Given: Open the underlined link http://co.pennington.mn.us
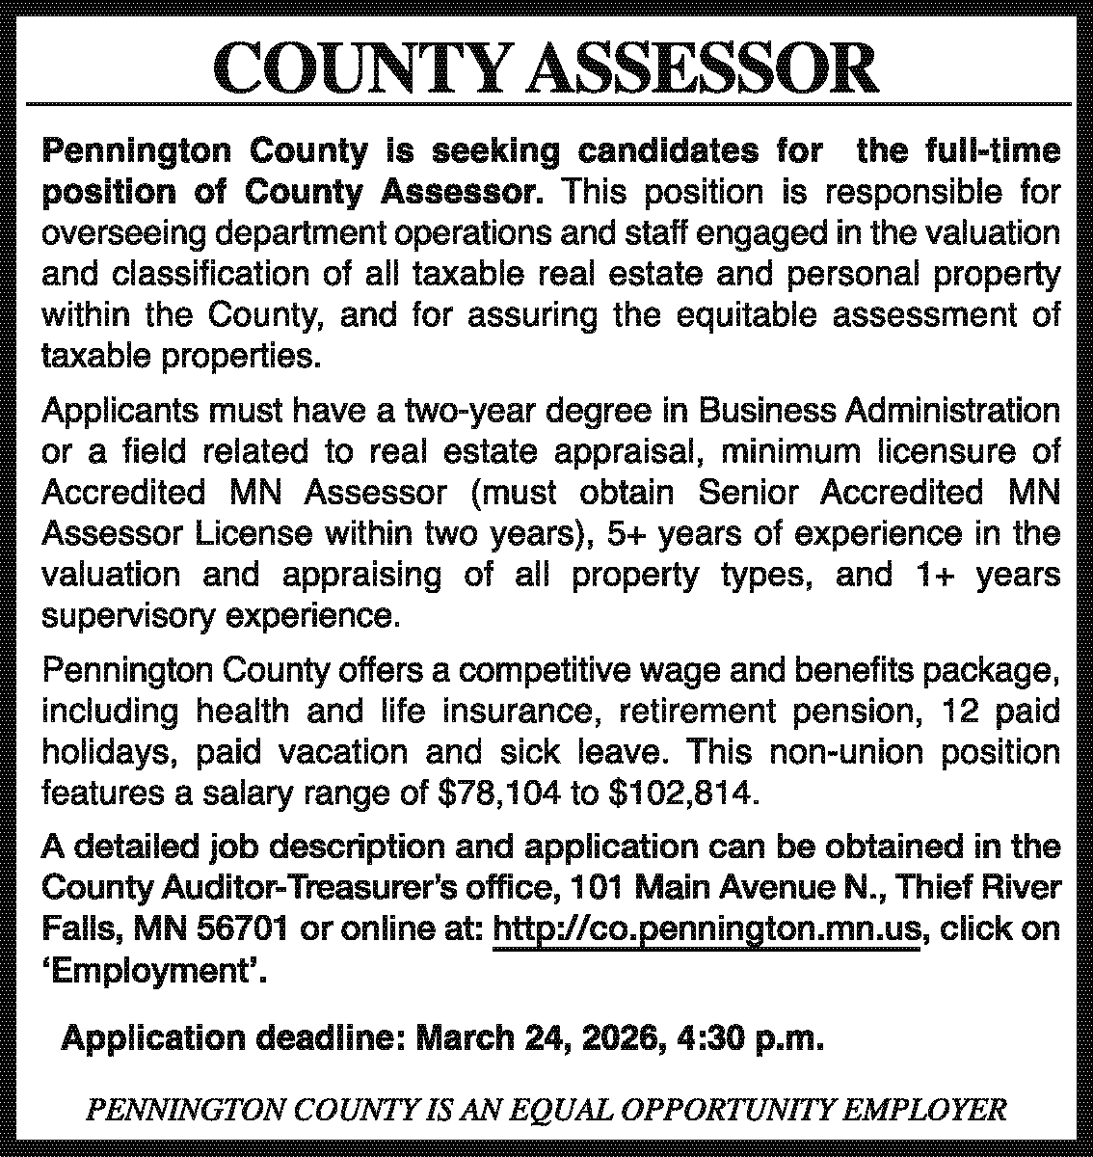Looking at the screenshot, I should click(x=706, y=928).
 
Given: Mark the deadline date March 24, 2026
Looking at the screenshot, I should click(x=537, y=1039).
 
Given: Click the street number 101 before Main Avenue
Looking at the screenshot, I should click(x=592, y=887).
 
